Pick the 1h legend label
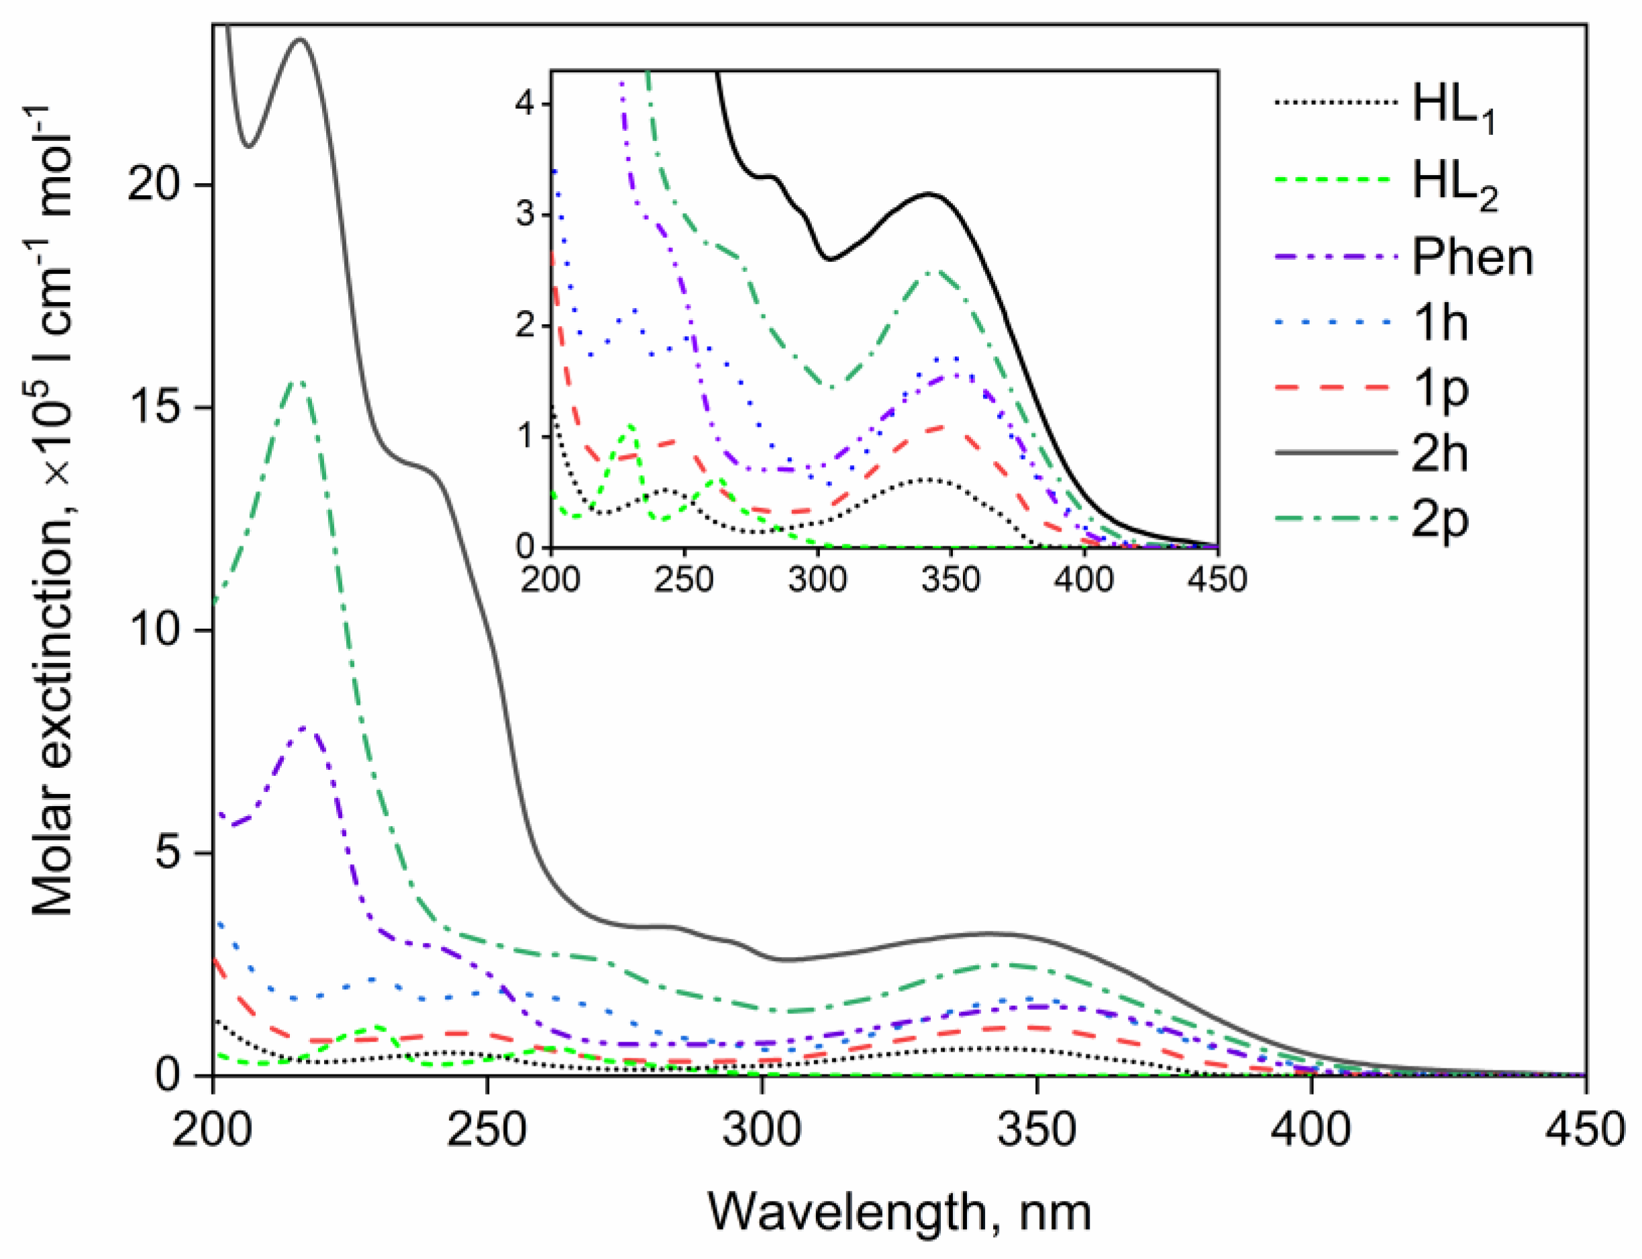click(x=1439, y=323)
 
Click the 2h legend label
click(x=1439, y=454)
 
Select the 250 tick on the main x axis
click(x=487, y=1129)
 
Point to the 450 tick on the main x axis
click(x=1585, y=1129)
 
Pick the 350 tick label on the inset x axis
click(x=950, y=579)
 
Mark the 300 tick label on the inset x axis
click(x=817, y=579)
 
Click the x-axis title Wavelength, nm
click(x=899, y=1212)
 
